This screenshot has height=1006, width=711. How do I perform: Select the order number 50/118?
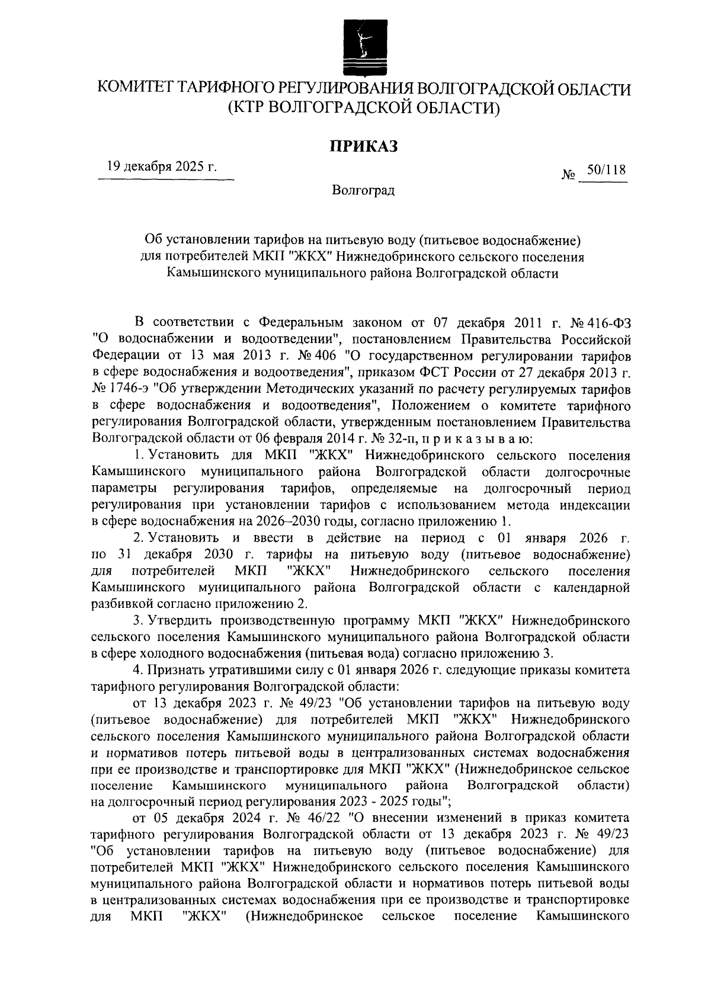[x=603, y=170]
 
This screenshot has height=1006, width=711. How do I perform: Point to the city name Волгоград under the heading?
[x=363, y=191]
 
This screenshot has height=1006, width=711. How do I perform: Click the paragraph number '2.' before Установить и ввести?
[x=139, y=539]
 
